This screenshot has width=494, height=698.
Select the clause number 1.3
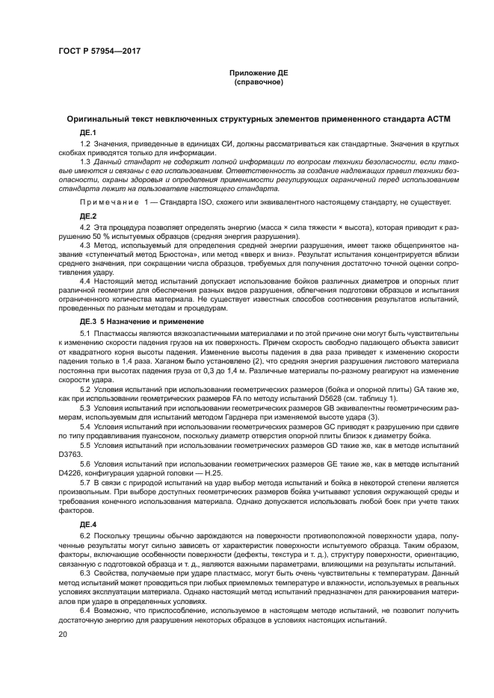click(84, 162)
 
